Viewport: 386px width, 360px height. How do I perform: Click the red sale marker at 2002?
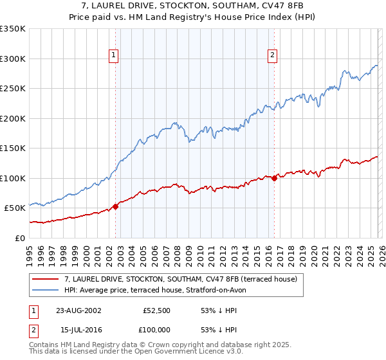point(116,206)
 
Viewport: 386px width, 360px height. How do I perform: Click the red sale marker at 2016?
point(274,178)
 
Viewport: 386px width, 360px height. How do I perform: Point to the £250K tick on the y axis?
point(13,89)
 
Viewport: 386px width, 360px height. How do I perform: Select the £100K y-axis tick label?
point(13,178)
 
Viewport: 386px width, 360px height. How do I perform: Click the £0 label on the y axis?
point(19,238)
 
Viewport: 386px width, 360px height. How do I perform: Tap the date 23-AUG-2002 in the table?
point(78,310)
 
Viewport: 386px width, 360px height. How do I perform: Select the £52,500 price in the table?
point(156,310)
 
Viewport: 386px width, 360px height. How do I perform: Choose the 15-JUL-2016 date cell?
point(78,330)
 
